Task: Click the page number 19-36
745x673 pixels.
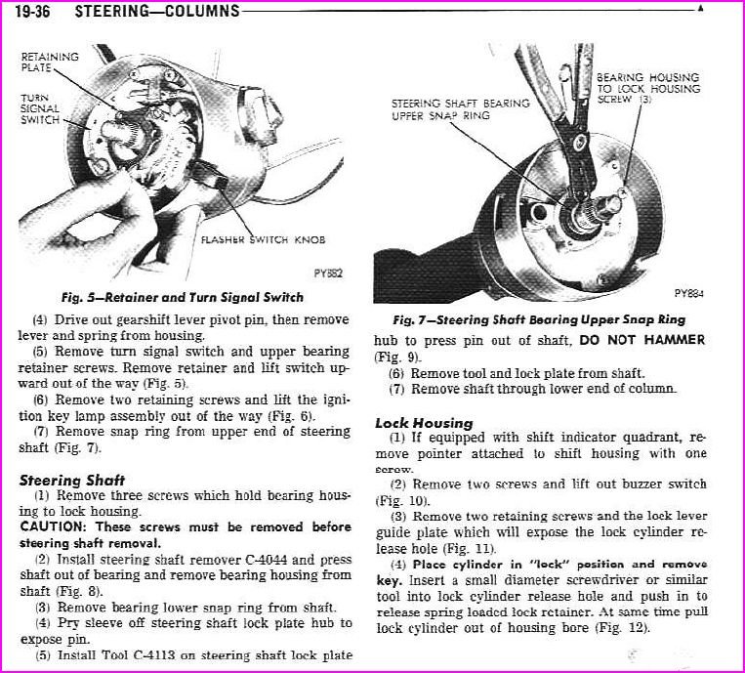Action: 35,12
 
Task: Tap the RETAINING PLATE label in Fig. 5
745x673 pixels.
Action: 50,63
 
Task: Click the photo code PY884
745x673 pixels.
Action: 689,292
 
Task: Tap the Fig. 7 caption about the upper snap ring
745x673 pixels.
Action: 539,319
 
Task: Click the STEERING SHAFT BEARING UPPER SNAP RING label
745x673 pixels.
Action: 460,108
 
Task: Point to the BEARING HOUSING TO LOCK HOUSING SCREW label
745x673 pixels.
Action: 647,88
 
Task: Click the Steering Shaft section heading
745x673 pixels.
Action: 71,480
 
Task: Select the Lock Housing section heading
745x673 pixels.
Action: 424,423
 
